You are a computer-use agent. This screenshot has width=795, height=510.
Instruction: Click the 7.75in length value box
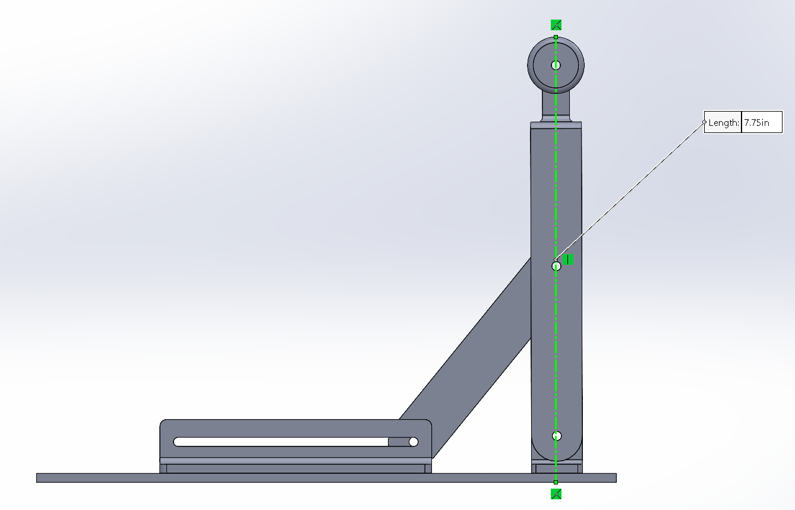tap(762, 122)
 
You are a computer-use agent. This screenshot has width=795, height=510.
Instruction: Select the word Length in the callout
tap(723, 123)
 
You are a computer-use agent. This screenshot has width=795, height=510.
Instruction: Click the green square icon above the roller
tap(556, 25)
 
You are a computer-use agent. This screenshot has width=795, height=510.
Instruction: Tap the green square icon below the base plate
tap(556, 494)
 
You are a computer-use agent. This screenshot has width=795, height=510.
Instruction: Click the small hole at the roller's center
tap(556, 65)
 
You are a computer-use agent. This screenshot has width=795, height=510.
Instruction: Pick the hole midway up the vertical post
tap(556, 266)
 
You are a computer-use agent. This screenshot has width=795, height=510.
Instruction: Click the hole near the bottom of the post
tap(557, 436)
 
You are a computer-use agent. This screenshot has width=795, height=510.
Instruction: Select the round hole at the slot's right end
tap(414, 442)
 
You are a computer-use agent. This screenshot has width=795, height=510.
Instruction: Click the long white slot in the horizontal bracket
tap(280, 442)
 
